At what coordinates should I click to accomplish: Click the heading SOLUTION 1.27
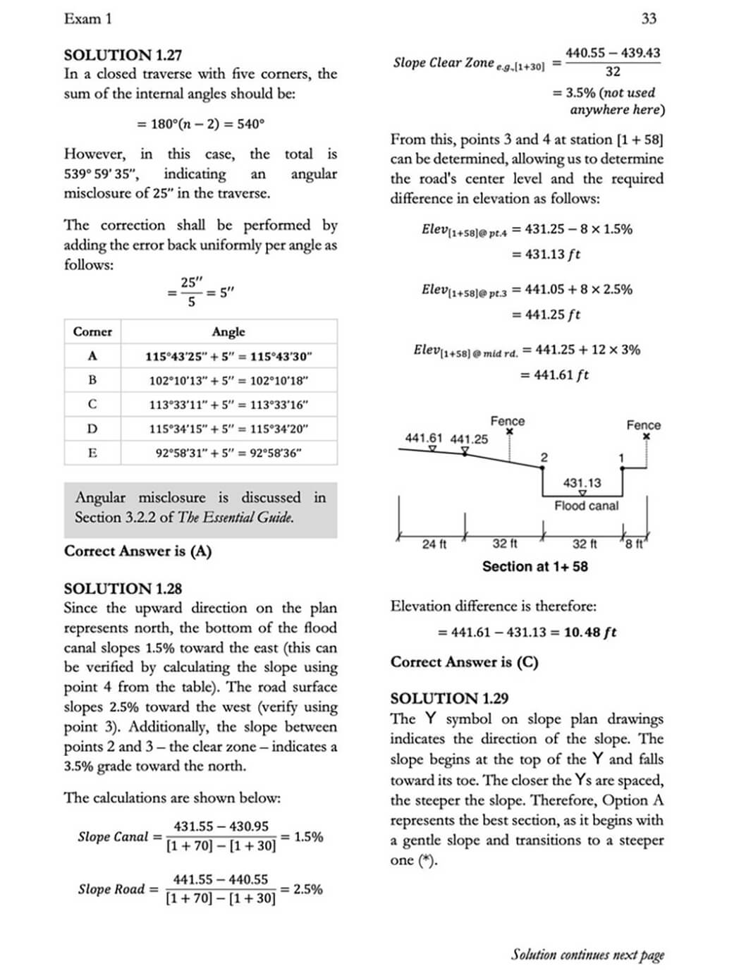pyautogui.click(x=123, y=55)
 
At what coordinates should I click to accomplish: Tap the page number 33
pyautogui.click(x=649, y=19)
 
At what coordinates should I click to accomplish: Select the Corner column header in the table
pyautogui.click(x=92, y=331)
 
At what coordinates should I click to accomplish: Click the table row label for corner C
pyautogui.click(x=92, y=404)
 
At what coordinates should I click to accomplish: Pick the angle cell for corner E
pyautogui.click(x=228, y=453)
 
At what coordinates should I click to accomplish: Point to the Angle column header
pyautogui.click(x=228, y=331)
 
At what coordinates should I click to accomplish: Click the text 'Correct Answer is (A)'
pyautogui.click(x=137, y=551)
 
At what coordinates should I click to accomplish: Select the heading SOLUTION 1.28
pyautogui.click(x=123, y=589)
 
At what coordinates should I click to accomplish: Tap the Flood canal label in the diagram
pyautogui.click(x=586, y=506)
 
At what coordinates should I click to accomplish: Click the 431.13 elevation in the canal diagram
pyautogui.click(x=582, y=483)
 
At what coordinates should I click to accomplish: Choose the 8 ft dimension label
pyautogui.click(x=635, y=544)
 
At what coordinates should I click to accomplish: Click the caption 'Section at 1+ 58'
pyautogui.click(x=534, y=566)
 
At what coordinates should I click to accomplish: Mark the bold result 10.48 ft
pyautogui.click(x=589, y=632)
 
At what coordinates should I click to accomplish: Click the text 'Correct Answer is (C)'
pyautogui.click(x=464, y=662)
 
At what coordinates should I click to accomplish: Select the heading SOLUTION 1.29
pyautogui.click(x=449, y=699)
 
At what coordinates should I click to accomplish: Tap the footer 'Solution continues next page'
pyautogui.click(x=587, y=955)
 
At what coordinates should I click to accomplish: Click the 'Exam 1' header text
pyautogui.click(x=87, y=19)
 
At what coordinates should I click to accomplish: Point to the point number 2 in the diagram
pyautogui.click(x=544, y=458)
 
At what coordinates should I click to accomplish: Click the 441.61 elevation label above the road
pyautogui.click(x=424, y=438)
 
